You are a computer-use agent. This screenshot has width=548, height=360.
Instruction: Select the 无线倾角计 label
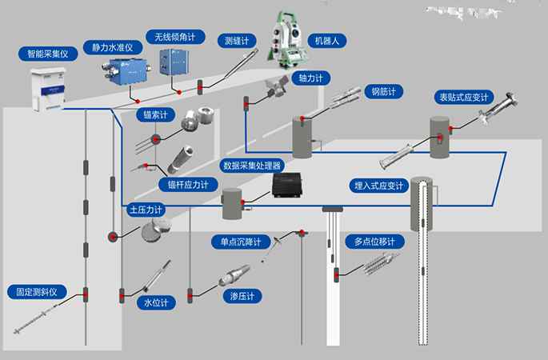point(174,37)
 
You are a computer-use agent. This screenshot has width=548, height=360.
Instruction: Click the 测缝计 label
point(237,39)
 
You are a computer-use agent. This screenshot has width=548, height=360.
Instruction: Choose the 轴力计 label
point(310,78)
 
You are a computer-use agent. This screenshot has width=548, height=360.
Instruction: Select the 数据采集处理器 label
point(252,166)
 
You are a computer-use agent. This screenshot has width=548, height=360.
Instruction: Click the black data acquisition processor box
point(289,186)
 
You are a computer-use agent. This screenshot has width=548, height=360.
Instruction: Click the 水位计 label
point(156,302)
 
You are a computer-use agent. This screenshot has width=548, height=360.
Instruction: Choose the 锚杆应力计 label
point(187,184)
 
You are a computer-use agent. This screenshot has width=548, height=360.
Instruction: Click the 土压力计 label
point(146,210)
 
